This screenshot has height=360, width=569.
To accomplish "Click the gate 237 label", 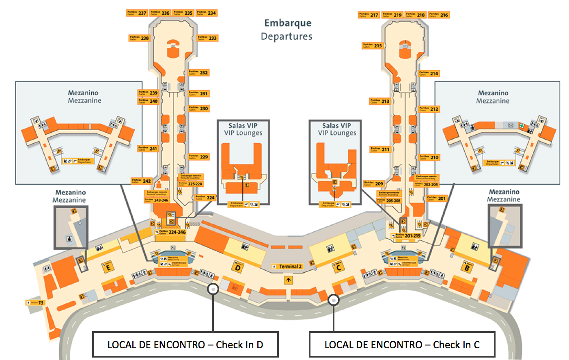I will [x=137, y=13].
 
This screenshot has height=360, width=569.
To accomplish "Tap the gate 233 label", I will [x=208, y=38].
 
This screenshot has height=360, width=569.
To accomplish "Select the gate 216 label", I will [x=439, y=15].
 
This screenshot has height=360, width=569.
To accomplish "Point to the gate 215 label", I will [x=373, y=45].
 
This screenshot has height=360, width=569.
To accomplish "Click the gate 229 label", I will [x=199, y=157].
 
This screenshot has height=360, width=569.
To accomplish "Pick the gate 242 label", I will [x=142, y=181].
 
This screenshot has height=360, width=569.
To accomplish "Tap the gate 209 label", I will [x=374, y=183].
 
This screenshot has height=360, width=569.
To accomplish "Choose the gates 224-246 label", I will [x=170, y=233].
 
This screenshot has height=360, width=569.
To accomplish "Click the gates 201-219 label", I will [x=406, y=235].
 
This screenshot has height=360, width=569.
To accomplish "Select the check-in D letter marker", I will [x=238, y=267].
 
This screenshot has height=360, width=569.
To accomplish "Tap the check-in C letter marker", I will [x=338, y=267].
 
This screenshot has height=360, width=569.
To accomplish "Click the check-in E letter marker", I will [x=108, y=267].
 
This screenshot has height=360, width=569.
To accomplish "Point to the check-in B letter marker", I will [x=467, y=267].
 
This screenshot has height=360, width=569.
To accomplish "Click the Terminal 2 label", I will [x=287, y=267].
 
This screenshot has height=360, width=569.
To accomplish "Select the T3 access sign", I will [x=35, y=303].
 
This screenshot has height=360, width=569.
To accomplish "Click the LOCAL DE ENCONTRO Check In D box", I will [x=185, y=345].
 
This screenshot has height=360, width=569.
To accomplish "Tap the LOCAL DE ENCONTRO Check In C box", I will [x=402, y=345].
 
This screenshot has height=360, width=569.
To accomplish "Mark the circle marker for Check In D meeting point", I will [x=213, y=289].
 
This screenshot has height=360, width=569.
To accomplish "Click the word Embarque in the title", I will [x=288, y=23].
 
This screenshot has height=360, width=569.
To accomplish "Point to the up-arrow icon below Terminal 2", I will [x=288, y=280].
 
